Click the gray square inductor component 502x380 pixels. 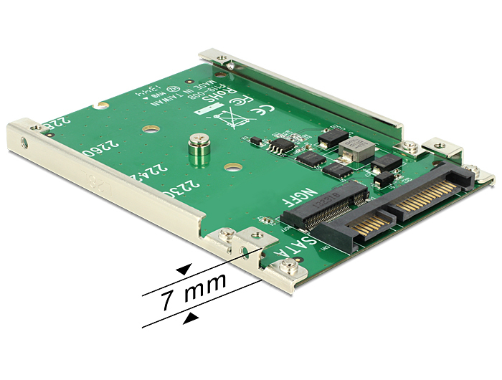pos(356,148)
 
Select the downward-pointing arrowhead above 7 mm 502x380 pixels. pos(184,270)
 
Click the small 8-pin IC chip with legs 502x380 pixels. pos(275,146)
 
